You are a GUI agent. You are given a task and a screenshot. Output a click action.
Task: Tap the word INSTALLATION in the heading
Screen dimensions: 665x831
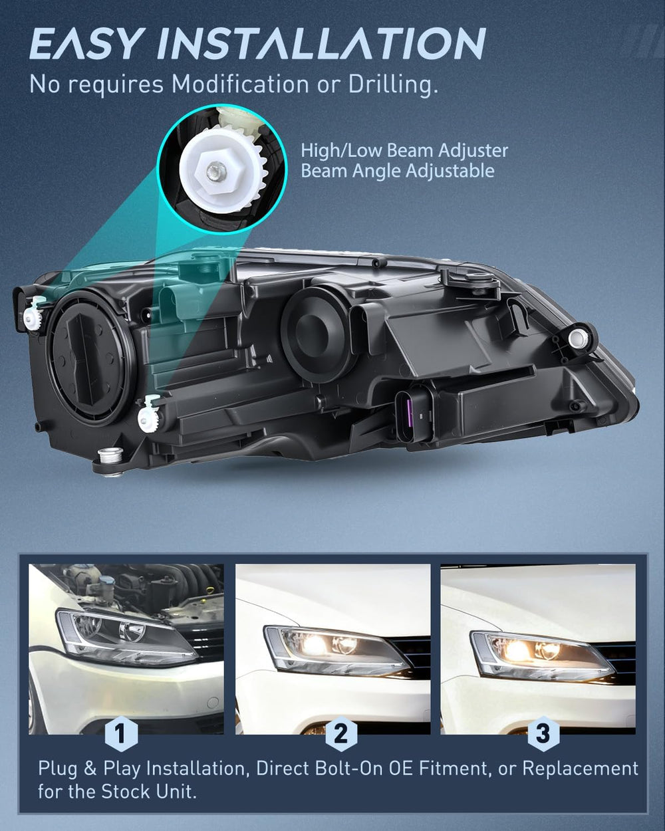pyautogui.click(x=322, y=43)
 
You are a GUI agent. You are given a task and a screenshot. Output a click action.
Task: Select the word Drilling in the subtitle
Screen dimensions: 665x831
pyautogui.click(x=394, y=84)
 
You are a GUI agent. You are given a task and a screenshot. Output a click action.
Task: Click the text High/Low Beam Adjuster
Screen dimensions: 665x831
pyautogui.click(x=404, y=150)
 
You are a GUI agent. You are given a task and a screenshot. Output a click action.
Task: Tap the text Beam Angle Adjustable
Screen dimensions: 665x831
pyautogui.click(x=398, y=171)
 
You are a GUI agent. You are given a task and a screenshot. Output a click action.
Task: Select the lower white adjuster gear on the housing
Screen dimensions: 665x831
pyautogui.click(x=147, y=417)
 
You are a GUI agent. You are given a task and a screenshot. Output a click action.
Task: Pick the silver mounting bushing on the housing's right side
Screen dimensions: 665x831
pyautogui.click(x=579, y=338)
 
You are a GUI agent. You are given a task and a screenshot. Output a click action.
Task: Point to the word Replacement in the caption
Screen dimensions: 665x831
pyautogui.click(x=583, y=769)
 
